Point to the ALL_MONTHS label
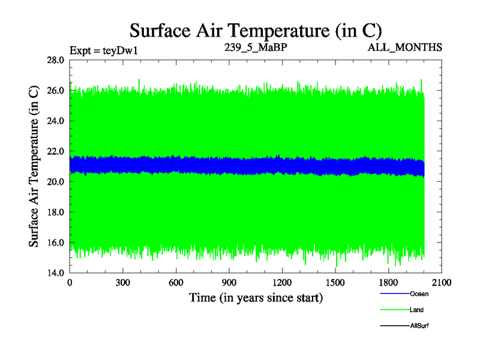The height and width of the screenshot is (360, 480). pyautogui.click(x=406, y=47)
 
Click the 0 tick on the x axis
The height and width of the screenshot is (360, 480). pyautogui.click(x=70, y=283)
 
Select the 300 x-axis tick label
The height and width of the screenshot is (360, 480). pyautogui.click(x=123, y=283)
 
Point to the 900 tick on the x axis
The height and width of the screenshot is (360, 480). pyautogui.click(x=229, y=283)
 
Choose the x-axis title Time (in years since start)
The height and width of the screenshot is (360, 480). pyautogui.click(x=256, y=298)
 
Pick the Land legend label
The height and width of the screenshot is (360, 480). pyautogui.click(x=417, y=310)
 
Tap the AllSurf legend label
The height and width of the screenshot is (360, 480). pyautogui.click(x=419, y=325)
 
